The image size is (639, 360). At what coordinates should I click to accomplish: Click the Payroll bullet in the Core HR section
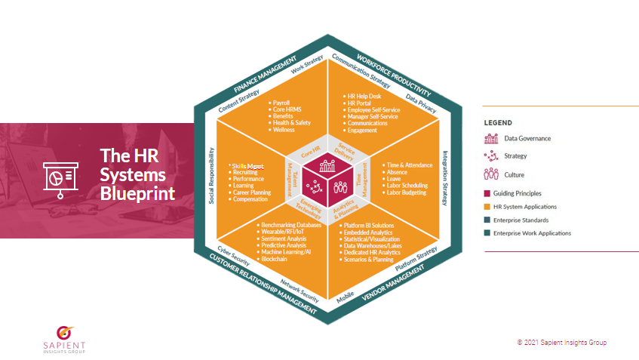coord(281,102)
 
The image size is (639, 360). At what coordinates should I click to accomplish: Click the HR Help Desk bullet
coord(363,97)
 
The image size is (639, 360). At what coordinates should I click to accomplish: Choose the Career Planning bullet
coord(250,192)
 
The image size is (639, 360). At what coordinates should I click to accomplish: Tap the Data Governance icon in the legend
coord(491,138)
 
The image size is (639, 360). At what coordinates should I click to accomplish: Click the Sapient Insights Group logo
coord(64,337)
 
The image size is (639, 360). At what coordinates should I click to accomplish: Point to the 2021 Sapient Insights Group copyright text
coord(561,343)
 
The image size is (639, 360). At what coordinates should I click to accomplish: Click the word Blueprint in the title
coord(137,194)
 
